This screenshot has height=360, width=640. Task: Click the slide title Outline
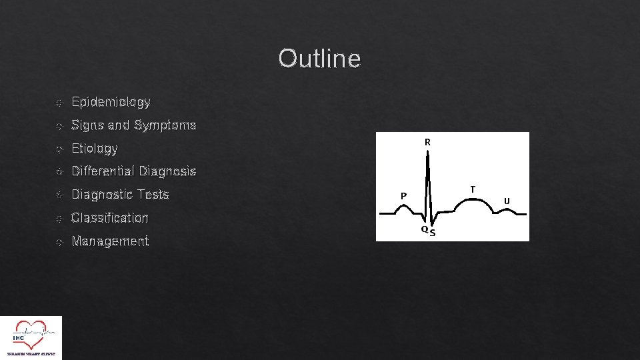[x=319, y=59]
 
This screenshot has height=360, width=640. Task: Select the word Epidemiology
[x=111, y=102]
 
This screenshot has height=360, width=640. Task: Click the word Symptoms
[x=165, y=125]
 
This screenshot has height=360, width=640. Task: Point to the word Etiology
[x=94, y=149]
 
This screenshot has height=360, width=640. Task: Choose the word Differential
[x=103, y=171]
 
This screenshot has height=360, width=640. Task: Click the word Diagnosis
[x=168, y=171]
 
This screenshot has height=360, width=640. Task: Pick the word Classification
[x=109, y=218]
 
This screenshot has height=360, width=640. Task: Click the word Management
[x=109, y=241]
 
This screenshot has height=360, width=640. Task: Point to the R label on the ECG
[x=427, y=142]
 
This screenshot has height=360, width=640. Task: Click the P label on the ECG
[x=403, y=196]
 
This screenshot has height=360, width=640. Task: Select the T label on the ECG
[x=473, y=189]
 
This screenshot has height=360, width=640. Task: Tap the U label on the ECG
[x=507, y=201]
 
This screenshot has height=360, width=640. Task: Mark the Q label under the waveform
[x=424, y=229]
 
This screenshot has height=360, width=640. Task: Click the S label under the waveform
[x=433, y=233]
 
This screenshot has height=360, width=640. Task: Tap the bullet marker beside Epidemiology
[x=59, y=103]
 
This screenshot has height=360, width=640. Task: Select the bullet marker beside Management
[x=59, y=242]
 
